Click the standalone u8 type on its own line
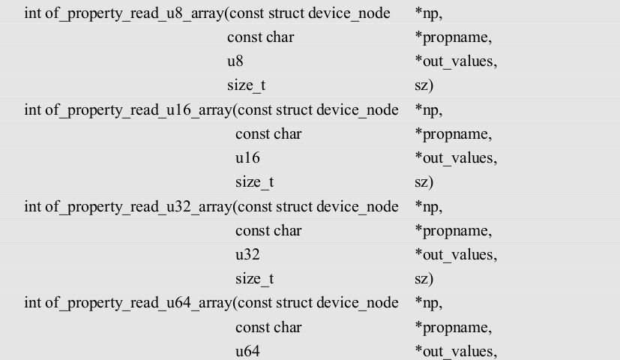tap(235, 61)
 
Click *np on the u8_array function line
tap(427, 13)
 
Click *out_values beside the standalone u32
tap(455, 255)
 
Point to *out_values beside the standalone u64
tap(455, 352)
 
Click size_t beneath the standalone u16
tap(254, 182)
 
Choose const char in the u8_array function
tap(260, 37)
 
